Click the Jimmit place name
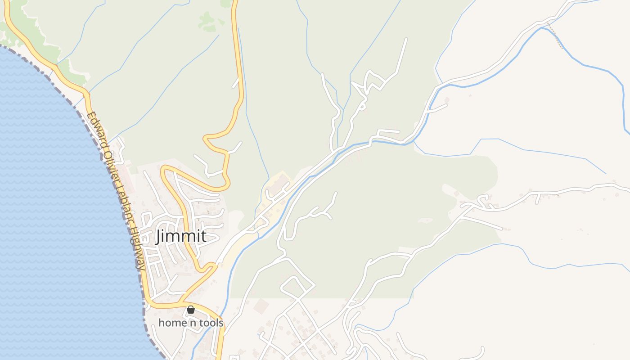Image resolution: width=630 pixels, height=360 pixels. tap(181, 236)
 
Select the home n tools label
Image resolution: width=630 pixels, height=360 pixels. tap(191, 323)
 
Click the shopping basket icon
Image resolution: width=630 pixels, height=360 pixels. tap(191, 310)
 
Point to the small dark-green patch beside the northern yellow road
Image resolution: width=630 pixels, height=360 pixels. tap(207, 20)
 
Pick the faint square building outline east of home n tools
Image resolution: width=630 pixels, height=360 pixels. tap(261, 307)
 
